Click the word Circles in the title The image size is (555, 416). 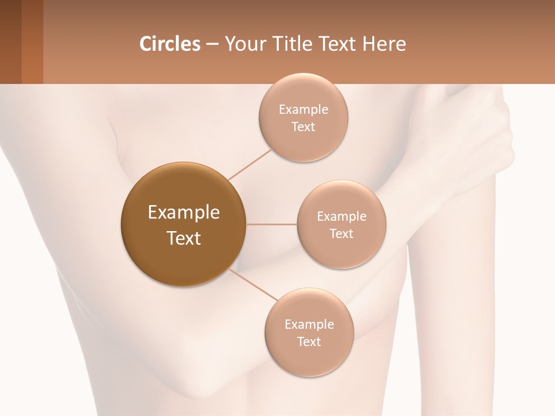(x=169, y=44)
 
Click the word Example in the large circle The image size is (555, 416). (x=183, y=213)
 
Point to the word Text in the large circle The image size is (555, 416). (x=183, y=237)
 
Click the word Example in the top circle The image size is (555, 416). (x=303, y=110)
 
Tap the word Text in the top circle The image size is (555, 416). (x=303, y=127)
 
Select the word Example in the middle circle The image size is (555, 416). (x=341, y=217)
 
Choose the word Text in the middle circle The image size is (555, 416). (x=341, y=233)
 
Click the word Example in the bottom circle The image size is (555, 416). (x=309, y=325)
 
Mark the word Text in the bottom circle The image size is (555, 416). (x=309, y=341)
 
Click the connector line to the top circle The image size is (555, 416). (x=249, y=164)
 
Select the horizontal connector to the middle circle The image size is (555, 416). (x=272, y=224)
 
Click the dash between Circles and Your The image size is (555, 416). (x=212, y=44)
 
